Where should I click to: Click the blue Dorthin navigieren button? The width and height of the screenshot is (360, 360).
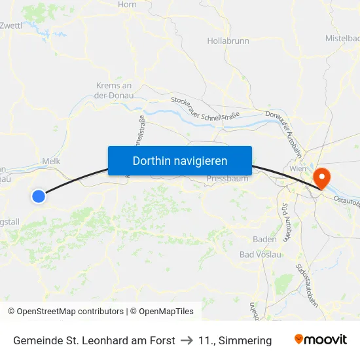coord(180,160)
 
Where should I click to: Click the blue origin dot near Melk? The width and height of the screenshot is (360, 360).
coord(39,196)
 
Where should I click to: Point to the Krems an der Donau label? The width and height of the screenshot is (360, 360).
coord(114,90)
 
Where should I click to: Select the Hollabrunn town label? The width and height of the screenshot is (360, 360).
coord(228,41)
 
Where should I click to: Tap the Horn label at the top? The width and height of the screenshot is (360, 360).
coord(127,5)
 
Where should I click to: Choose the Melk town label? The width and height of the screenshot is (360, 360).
coord(51,160)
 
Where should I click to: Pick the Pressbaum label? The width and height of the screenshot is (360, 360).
coord(227,178)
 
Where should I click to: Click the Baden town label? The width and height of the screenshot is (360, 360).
coord(264,239)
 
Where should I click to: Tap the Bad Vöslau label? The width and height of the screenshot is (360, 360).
coord(261,255)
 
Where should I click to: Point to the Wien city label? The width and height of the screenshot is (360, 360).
coord(298,169)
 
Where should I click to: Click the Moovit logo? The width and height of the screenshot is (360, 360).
coord(320,340)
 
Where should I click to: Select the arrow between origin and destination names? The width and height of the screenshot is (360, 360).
coord(187,340)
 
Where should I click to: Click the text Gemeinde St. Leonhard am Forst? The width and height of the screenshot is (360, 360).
coord(94,340)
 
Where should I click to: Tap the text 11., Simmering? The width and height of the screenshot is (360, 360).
coord(235,340)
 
